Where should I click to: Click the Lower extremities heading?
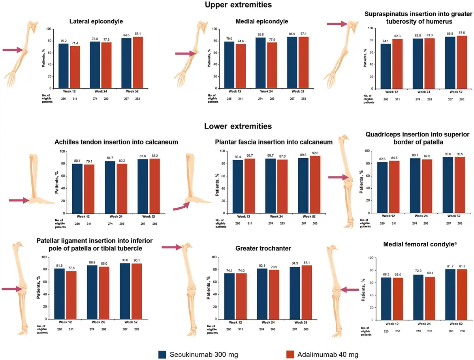[x=238, y=127]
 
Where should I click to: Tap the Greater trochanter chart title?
[x=263, y=248]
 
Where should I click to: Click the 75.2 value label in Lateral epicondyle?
[x=64, y=40]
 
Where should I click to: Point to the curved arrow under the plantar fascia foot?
[x=181, y=206]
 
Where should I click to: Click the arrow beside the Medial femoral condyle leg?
[x=349, y=290]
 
